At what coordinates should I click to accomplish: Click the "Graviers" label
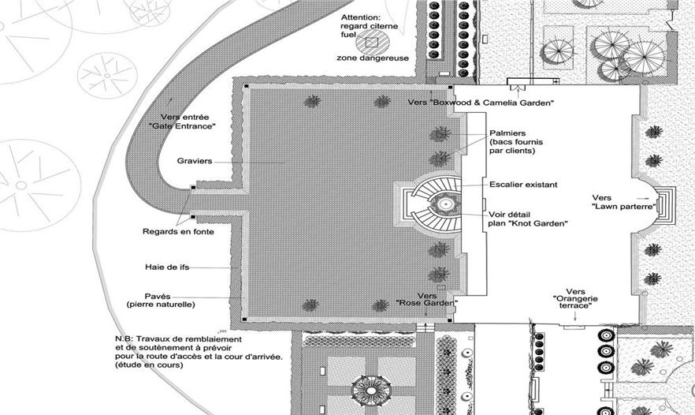tap(195, 161)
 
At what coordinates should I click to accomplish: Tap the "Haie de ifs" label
tap(167, 267)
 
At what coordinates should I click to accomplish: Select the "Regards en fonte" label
tap(178, 231)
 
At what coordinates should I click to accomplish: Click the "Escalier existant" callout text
tap(523, 184)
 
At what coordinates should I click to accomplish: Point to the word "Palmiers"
tap(507, 133)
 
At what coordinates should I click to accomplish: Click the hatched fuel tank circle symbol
tap(372, 43)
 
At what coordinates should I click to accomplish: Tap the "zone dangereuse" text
tap(372, 58)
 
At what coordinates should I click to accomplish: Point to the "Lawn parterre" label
tap(624, 207)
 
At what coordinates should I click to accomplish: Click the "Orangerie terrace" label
tap(575, 302)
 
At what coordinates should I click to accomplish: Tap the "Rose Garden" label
tap(427, 303)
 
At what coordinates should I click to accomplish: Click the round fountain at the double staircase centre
tap(445, 204)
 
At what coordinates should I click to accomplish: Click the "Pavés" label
tap(158, 297)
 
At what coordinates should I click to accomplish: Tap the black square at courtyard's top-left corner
tap(246, 87)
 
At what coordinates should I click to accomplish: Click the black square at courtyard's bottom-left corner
tap(244, 319)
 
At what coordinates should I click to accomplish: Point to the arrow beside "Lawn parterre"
tap(641, 198)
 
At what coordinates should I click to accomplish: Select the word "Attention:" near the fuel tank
tap(361, 18)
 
